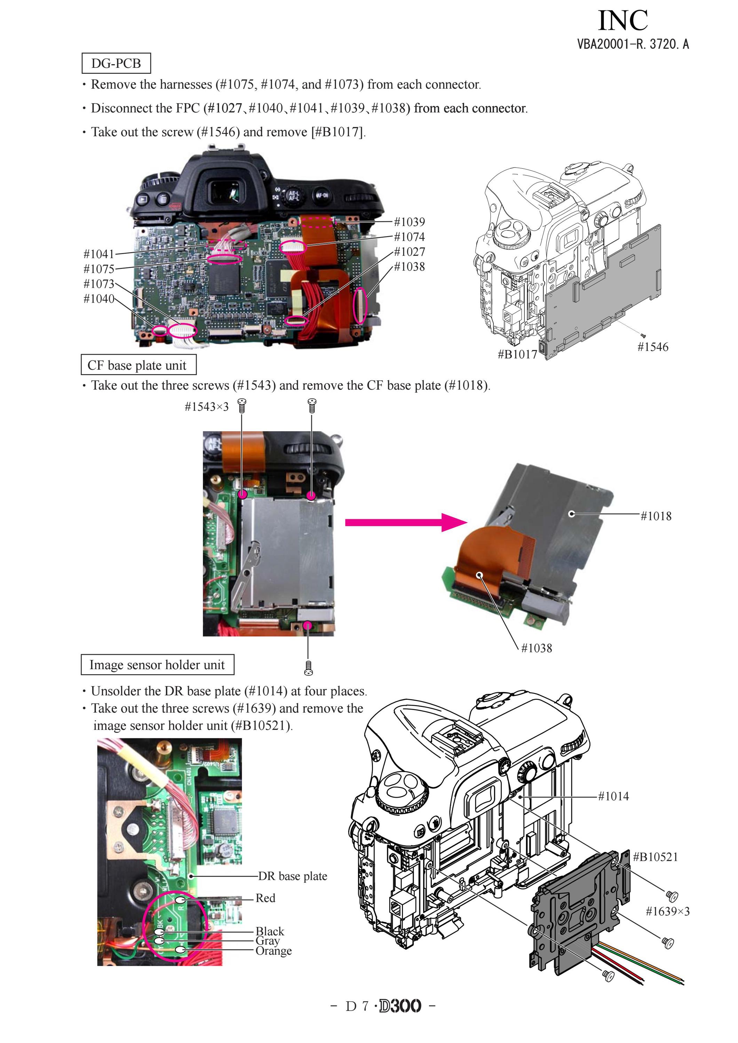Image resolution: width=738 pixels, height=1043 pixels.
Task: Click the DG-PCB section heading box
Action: (x=116, y=63)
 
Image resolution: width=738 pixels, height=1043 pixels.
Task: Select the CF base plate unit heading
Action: (x=138, y=365)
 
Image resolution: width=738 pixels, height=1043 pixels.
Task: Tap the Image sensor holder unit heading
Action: (x=157, y=665)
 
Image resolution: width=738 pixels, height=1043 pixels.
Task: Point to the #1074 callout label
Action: (x=410, y=237)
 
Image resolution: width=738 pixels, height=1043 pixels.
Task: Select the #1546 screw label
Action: (x=652, y=347)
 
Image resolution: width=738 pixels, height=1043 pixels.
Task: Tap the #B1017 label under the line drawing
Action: (x=518, y=354)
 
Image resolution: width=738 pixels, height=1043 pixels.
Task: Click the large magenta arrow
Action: (x=406, y=522)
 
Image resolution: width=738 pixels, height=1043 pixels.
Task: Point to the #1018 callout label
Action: (x=656, y=516)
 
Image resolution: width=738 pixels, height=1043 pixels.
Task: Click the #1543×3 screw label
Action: (x=207, y=406)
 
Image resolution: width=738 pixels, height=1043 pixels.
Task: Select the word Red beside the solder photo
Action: (x=265, y=898)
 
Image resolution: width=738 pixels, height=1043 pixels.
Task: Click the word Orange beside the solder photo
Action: (x=273, y=950)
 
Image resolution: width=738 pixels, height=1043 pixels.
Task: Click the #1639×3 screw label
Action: (x=668, y=911)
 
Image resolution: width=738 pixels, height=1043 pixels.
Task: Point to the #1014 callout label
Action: (x=613, y=796)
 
